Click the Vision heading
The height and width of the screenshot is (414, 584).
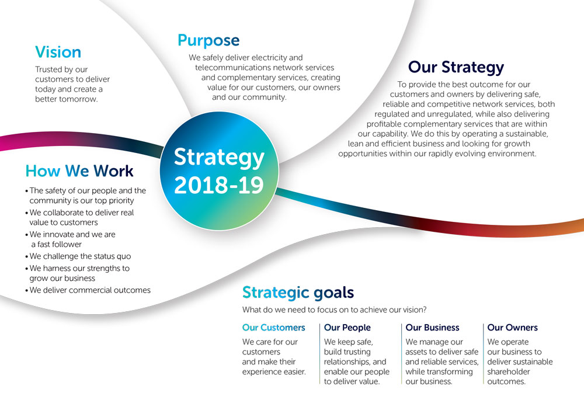coord(58,52)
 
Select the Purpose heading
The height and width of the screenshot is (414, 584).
coord(208,40)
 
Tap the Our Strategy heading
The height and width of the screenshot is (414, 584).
coord(456,67)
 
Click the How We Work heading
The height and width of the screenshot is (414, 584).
coord(79,171)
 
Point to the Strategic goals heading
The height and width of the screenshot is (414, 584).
coord(298,292)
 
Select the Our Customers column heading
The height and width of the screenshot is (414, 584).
coord(273,328)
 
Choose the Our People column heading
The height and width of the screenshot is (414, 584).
coord(347,328)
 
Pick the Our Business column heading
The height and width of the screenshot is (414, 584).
coord(432,328)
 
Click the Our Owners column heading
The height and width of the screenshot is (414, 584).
coord(512,328)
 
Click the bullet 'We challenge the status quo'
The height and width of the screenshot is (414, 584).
coord(80,256)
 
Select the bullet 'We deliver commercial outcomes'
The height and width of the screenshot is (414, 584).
coord(90,290)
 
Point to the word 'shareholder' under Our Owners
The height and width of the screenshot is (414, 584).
coord(510,371)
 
